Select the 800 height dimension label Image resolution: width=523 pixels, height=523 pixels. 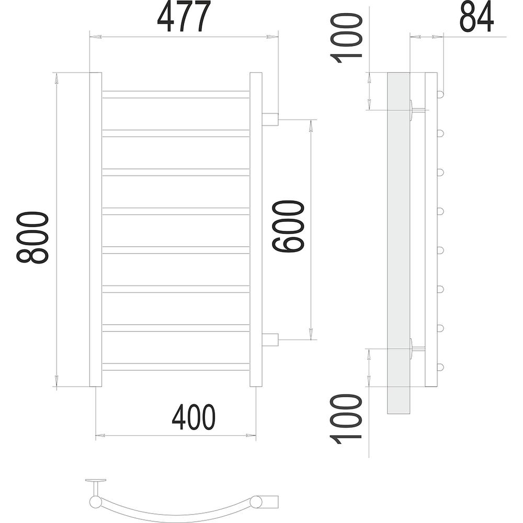click(x=32, y=237)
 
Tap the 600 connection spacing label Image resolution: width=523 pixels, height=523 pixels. click(x=288, y=226)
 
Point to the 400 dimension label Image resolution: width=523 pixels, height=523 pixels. click(x=194, y=417)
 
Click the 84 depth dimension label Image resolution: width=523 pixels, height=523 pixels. click(x=476, y=16)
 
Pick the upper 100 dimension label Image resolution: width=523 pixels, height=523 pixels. click(x=346, y=38)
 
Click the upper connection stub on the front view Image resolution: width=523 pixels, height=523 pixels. click(x=270, y=119)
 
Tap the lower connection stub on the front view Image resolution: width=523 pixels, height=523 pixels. click(x=270, y=340)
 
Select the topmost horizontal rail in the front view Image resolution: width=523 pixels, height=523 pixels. click(x=176, y=94)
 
